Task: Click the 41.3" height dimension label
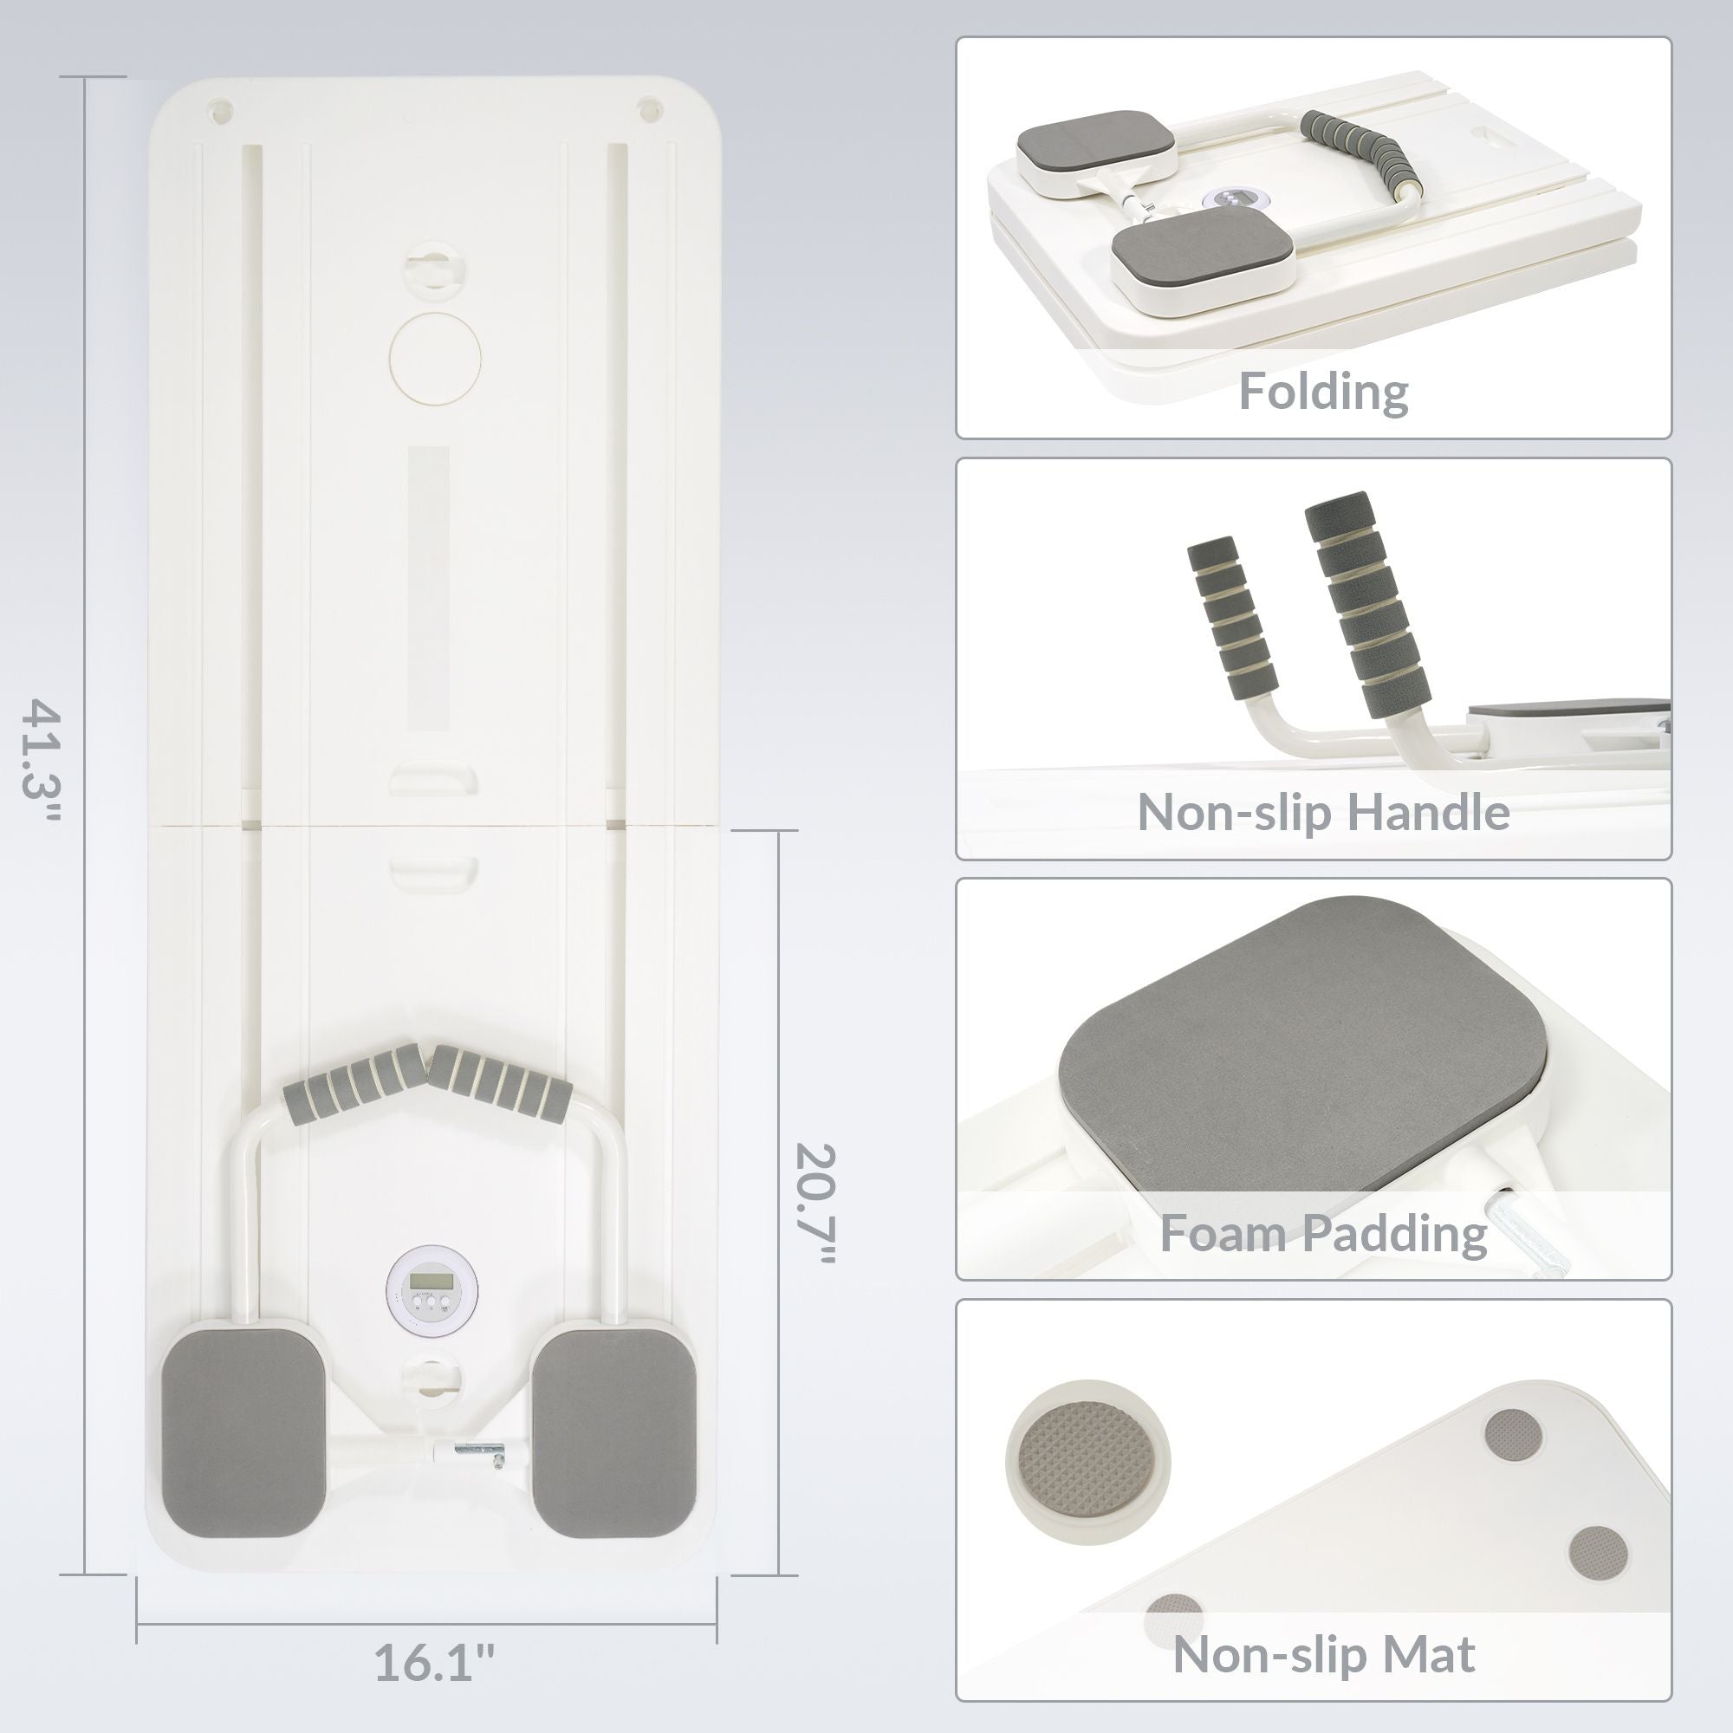tap(43, 774)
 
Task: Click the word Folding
tap(1323, 393)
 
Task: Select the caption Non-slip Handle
tap(1323, 812)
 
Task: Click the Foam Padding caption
tap(1323, 1233)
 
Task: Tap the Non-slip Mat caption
tap(1323, 1654)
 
